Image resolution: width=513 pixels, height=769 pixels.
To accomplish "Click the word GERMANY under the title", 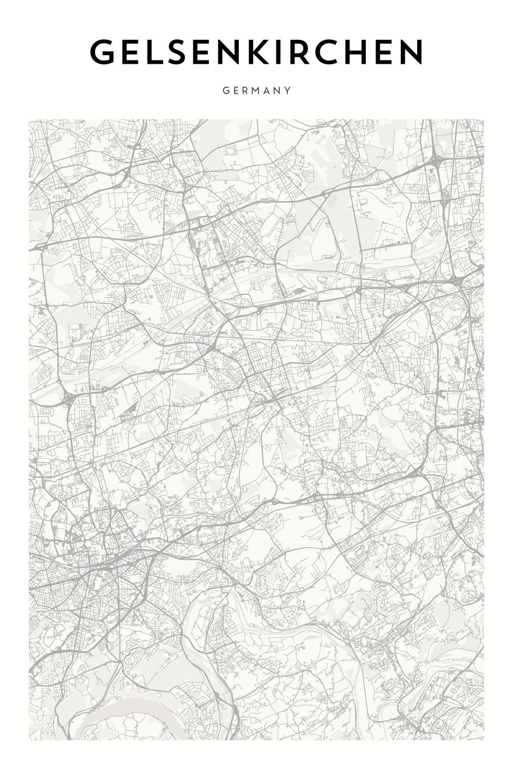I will [256, 90].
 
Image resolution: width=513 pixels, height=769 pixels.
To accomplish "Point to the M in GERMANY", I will [254, 90].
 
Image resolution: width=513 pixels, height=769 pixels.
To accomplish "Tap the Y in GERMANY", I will [288, 90].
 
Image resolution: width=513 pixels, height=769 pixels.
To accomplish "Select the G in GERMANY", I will [226, 90].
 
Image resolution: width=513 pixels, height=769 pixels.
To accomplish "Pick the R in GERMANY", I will [243, 90].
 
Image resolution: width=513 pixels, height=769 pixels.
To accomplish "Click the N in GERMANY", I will [278, 90].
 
